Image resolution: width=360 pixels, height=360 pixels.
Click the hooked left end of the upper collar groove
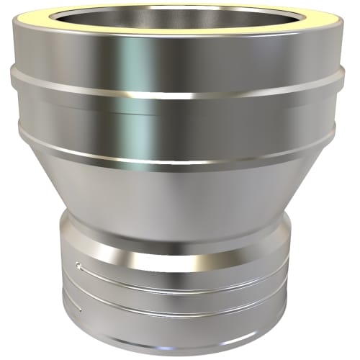[x=81, y=268]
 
